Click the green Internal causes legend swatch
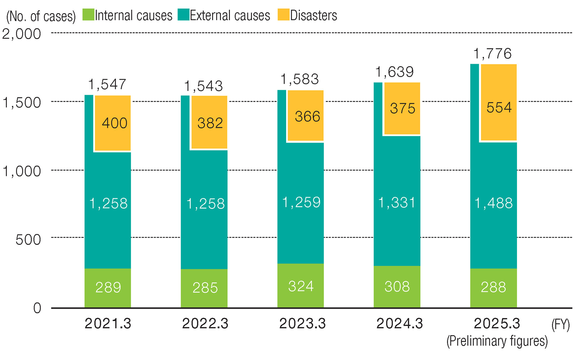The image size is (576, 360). click(88, 15)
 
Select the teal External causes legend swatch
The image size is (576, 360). click(184, 15)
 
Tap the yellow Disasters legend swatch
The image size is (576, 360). click(284, 15)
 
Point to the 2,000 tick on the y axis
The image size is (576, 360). click(22, 34)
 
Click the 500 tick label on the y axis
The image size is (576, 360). click(28, 240)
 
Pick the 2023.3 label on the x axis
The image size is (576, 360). click(302, 324)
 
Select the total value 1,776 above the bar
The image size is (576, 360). click(492, 54)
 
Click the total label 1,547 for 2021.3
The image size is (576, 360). click(107, 84)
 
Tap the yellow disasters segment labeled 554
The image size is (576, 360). click(499, 102)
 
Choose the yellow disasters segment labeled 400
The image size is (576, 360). click(113, 123)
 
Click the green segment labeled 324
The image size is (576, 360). click(301, 285)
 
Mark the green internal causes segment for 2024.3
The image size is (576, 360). click(397, 287)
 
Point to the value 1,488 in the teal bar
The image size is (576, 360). click(494, 203)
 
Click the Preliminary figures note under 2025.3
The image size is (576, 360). click(497, 342)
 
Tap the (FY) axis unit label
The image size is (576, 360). click(561, 325)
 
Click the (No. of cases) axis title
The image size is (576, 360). click(41, 17)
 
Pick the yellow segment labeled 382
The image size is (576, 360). click(209, 122)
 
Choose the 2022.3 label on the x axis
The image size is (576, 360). click(205, 324)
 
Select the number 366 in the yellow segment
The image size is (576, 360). click(307, 116)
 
